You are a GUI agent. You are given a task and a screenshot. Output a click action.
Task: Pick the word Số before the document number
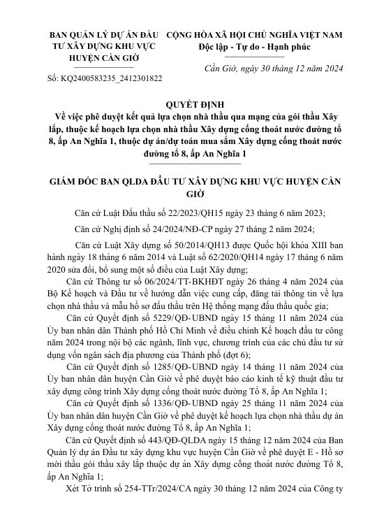[52, 79]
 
